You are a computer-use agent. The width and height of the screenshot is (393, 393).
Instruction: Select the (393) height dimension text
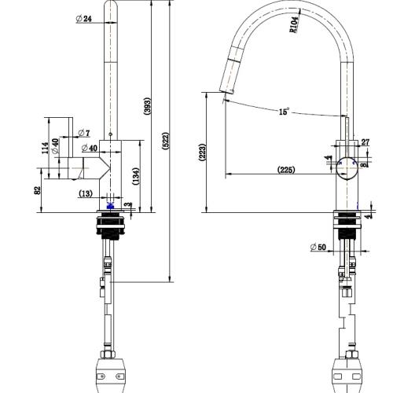coord(147,108)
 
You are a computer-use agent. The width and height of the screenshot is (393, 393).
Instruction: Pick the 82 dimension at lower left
coord(38,189)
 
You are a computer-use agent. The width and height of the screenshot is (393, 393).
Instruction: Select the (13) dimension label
coord(86,193)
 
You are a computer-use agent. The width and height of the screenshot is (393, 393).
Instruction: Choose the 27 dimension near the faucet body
coord(365,142)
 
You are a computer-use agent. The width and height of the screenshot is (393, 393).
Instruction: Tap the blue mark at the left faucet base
coord(109,206)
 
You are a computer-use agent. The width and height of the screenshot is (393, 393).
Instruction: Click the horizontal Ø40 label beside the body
coord(88,148)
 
